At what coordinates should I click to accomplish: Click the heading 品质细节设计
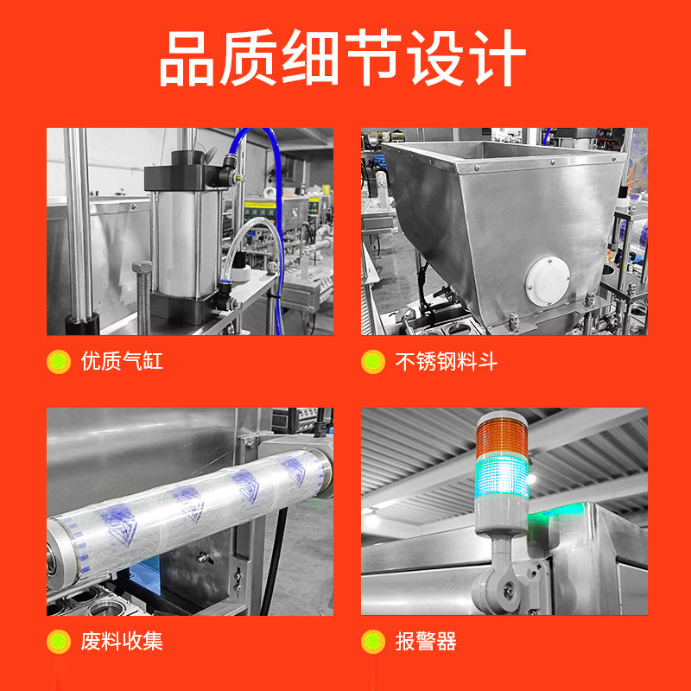click(343, 58)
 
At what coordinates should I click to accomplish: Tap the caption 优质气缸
click(122, 361)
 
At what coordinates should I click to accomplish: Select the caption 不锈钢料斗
click(447, 361)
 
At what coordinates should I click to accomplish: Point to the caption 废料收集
click(122, 641)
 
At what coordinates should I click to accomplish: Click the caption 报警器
click(426, 641)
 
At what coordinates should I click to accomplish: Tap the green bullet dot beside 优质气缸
click(59, 362)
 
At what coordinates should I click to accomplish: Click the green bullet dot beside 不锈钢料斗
click(373, 362)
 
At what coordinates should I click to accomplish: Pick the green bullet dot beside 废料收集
click(59, 642)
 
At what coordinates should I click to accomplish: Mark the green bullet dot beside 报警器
click(373, 642)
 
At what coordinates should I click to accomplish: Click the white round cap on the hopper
click(548, 281)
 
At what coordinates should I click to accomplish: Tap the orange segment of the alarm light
click(502, 437)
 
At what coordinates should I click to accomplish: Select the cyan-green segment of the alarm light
click(502, 478)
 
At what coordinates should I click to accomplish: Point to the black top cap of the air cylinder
click(185, 173)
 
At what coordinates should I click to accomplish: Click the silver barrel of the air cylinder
click(187, 244)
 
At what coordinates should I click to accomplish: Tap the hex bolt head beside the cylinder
click(143, 268)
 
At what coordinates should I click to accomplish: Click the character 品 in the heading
click(187, 58)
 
